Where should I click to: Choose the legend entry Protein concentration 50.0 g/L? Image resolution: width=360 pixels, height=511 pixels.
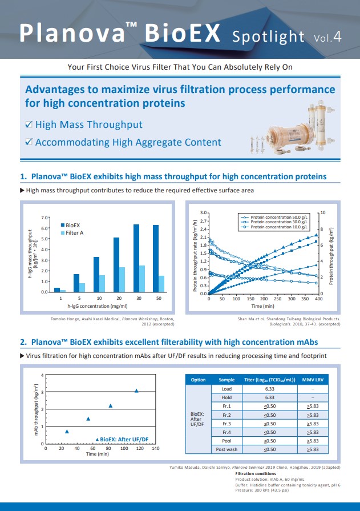(276, 217)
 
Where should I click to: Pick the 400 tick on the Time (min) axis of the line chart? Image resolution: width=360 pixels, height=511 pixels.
(319, 299)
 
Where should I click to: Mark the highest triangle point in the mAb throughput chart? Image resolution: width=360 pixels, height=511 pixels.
(136, 391)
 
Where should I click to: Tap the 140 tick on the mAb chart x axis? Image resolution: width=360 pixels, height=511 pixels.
(156, 449)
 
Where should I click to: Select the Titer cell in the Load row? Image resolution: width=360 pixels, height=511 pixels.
(269, 388)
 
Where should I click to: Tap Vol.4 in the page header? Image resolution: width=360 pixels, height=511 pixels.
(328, 38)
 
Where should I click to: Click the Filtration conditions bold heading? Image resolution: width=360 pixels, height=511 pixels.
(257, 473)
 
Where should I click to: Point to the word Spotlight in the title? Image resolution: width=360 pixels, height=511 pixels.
(268, 37)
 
